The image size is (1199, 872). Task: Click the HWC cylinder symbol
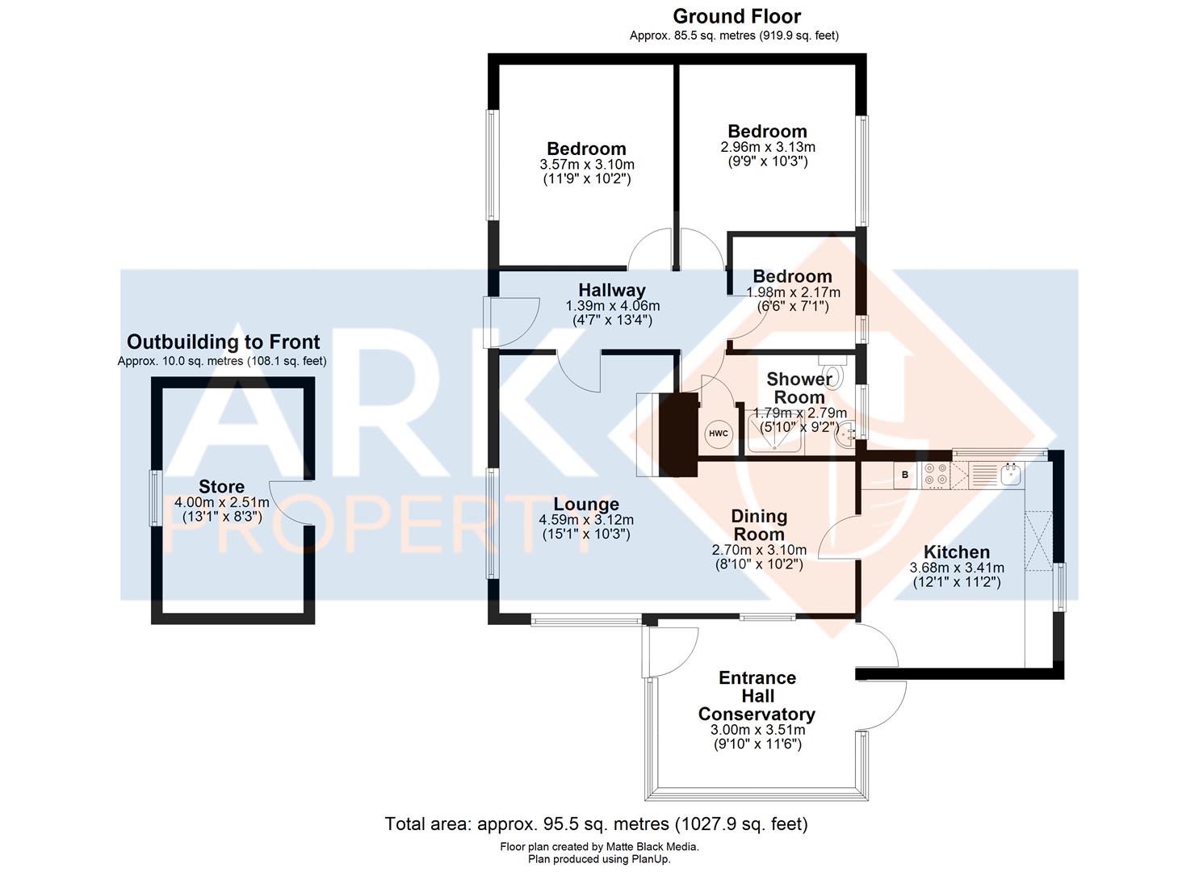718,434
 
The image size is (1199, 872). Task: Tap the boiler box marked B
905,475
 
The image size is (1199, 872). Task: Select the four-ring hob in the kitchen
936,475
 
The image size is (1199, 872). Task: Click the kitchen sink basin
1010,474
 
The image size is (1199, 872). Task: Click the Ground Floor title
736,17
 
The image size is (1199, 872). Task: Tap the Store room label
221,487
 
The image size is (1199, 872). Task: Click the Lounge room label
586,506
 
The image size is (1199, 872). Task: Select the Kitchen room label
957,552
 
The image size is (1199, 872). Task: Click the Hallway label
612,291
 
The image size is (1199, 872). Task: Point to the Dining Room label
759,525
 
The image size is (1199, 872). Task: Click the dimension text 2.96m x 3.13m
767,147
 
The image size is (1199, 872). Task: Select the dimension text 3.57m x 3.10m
586,165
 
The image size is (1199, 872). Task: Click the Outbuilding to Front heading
223,342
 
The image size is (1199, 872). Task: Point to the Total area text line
597,824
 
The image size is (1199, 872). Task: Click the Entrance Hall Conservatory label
757,696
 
